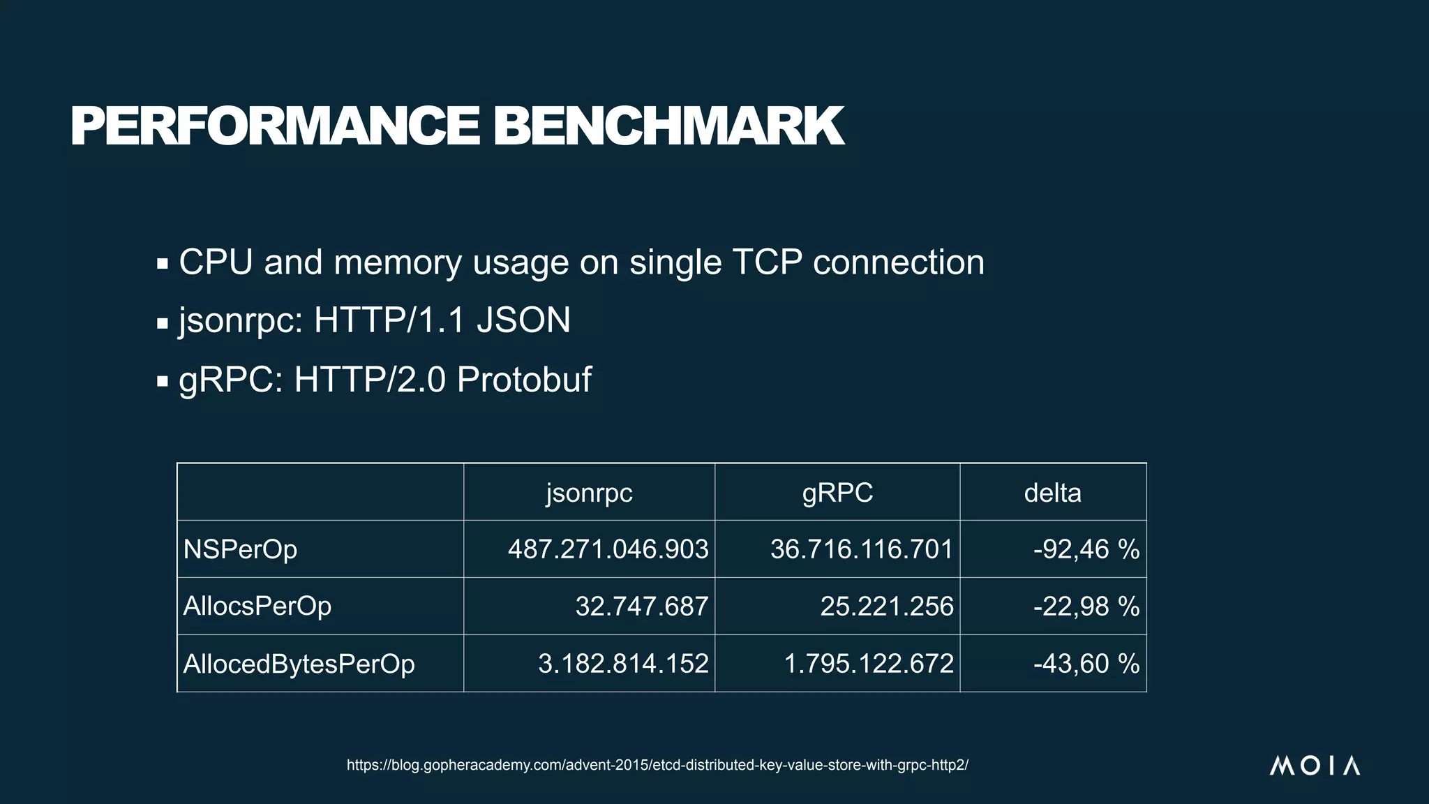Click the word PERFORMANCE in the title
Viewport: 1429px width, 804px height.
coord(275,127)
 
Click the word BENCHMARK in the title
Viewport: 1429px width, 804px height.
coord(668,127)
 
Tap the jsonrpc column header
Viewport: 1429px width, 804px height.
coord(589,493)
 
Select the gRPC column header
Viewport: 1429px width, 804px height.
coord(837,493)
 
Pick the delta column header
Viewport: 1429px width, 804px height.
coord(1052,493)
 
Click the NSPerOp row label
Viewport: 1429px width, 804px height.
coord(240,549)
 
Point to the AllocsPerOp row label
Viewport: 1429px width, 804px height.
coord(257,606)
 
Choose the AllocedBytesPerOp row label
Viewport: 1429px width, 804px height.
coord(299,664)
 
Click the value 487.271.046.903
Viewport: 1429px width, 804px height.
coord(608,549)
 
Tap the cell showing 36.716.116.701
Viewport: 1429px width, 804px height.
coord(861,549)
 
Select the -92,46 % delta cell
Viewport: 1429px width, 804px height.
coord(1086,549)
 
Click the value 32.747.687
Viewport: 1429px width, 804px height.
coord(641,606)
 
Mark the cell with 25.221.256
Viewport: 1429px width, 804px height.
coord(886,606)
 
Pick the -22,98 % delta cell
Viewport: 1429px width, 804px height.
coord(1086,606)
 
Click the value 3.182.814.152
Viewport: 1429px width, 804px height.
coord(623,664)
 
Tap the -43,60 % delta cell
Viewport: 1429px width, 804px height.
coord(1086,664)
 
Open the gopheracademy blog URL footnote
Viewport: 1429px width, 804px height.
coord(657,765)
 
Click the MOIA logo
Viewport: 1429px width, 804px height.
coord(1315,766)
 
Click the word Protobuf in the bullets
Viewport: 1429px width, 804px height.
coord(524,380)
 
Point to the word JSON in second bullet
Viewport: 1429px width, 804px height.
coord(523,321)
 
